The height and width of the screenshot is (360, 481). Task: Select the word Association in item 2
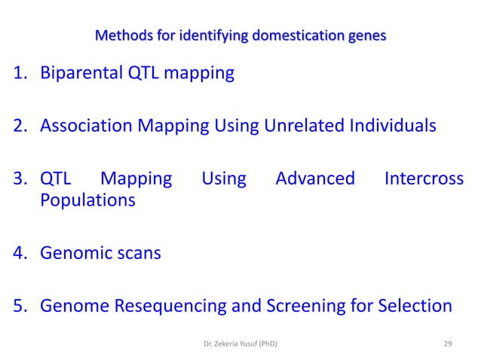click(87, 126)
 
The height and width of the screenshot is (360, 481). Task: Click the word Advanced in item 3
click(315, 178)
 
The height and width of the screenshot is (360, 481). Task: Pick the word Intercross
click(424, 178)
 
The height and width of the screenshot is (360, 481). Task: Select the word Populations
click(87, 200)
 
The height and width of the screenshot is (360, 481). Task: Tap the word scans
click(138, 253)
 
